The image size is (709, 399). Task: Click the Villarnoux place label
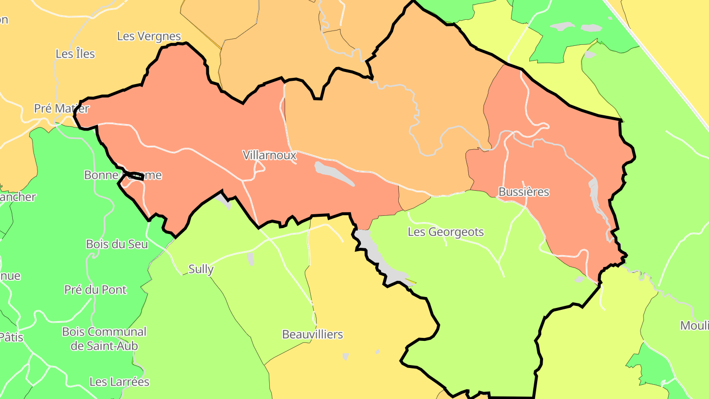coord(269,155)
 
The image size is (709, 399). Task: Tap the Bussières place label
coord(523,192)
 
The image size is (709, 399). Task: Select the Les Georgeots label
coord(446,232)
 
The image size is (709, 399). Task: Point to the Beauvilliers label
coord(312,334)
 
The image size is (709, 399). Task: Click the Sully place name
coord(201,269)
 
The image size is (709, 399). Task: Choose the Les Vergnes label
coord(149,36)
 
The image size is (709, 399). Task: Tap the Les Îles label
coord(75,54)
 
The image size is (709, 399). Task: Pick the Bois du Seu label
coord(117,244)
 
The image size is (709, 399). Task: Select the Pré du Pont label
coord(95,290)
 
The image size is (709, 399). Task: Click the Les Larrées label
coord(119,382)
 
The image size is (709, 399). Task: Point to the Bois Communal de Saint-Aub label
coord(104,339)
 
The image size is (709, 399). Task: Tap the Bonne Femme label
coord(123,175)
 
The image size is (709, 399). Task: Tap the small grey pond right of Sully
coord(251,258)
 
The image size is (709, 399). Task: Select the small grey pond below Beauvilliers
coord(345,356)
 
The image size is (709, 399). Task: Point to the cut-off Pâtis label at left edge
coord(11,337)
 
